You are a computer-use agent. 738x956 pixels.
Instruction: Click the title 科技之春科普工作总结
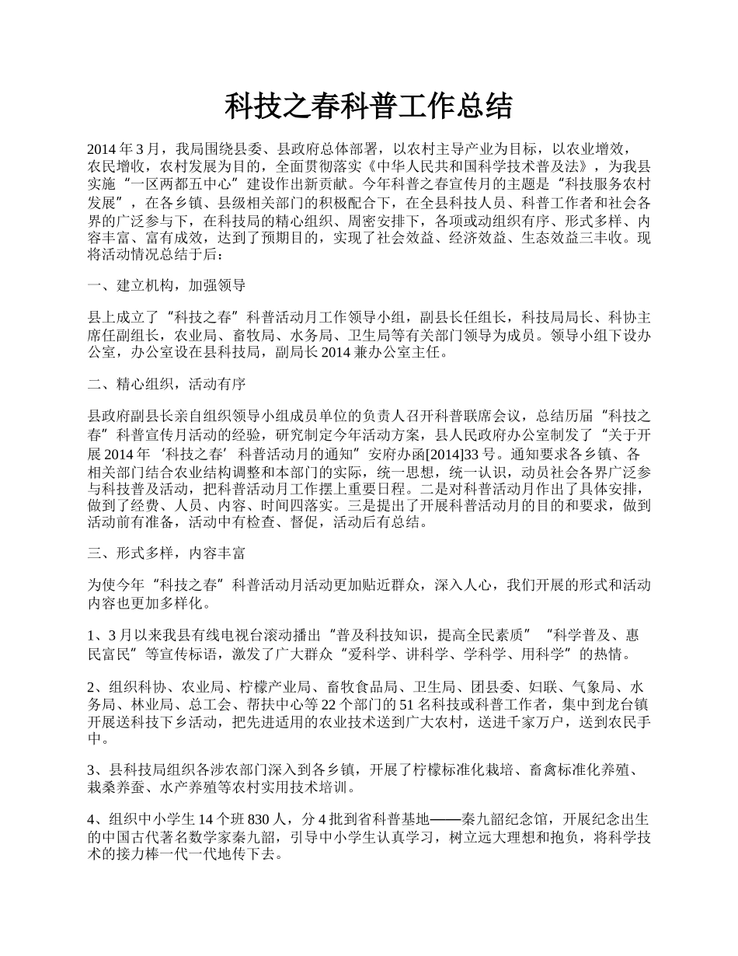(x=369, y=106)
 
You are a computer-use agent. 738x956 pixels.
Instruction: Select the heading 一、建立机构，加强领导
(x=167, y=285)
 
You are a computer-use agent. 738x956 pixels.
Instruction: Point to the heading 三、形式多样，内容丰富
(x=167, y=553)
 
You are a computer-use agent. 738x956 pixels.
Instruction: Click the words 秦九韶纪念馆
(x=505, y=820)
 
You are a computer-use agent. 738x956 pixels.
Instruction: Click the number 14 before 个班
(x=208, y=820)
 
